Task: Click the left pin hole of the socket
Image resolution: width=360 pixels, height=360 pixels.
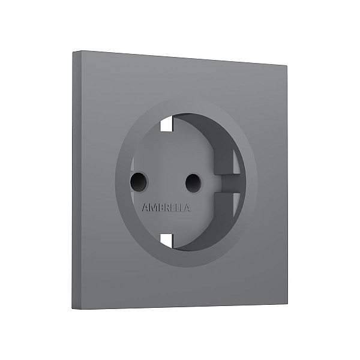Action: tap(139, 182)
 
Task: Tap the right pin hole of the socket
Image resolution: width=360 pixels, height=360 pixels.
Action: tap(194, 182)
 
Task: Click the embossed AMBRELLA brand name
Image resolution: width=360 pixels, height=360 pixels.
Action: tap(166, 208)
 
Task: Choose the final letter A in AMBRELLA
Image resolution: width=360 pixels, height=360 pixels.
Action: tap(187, 208)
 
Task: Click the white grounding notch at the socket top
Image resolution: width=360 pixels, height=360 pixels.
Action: tap(167, 124)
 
